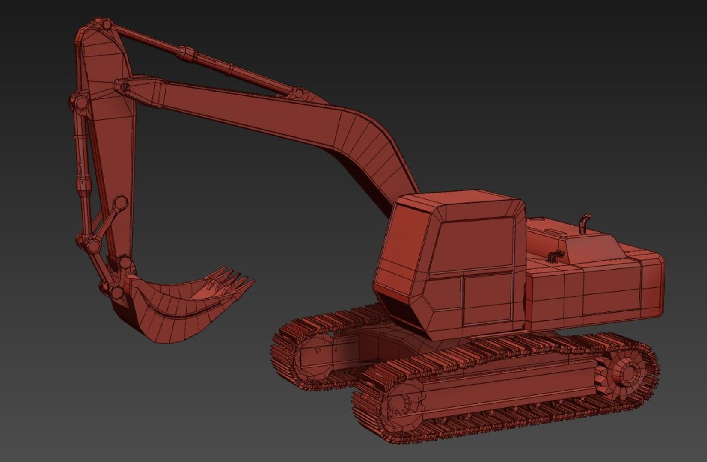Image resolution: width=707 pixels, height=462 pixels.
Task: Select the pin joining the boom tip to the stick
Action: [x=123, y=87]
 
